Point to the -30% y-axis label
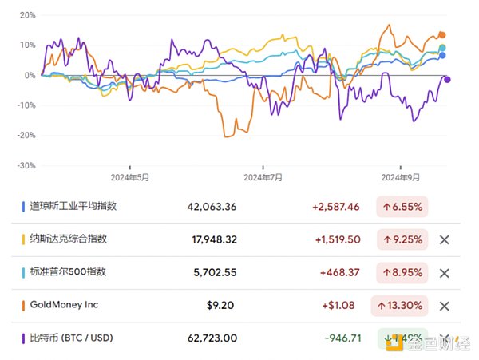(x=25, y=165)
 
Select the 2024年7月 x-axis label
(x=263, y=178)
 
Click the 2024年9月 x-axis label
(x=402, y=178)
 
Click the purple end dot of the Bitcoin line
(x=448, y=79)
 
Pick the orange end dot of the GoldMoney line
(x=442, y=35)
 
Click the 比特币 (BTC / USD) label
(x=70, y=338)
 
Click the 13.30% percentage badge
(x=399, y=305)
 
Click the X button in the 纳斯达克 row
(x=445, y=239)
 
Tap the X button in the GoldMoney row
(x=445, y=305)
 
